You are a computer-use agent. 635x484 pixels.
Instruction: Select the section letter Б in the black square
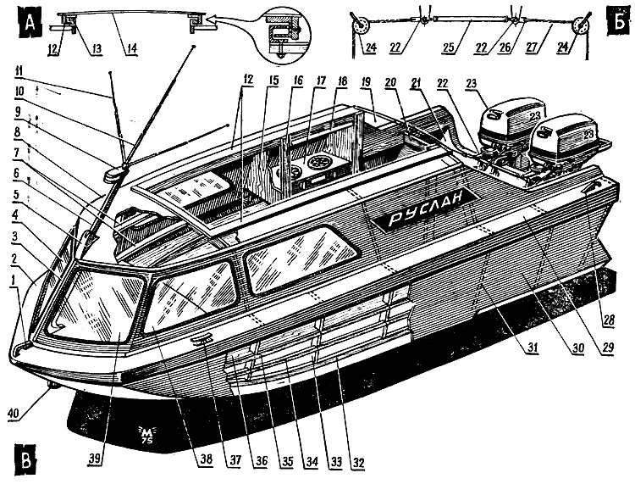point(616,19)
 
